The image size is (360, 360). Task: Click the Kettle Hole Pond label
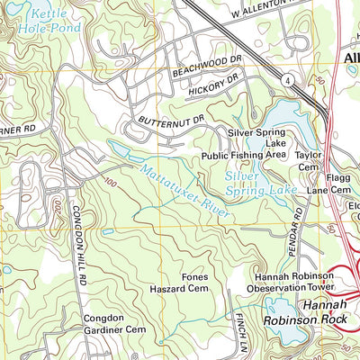point(46,22)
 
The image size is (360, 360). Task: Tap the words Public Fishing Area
point(246,154)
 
